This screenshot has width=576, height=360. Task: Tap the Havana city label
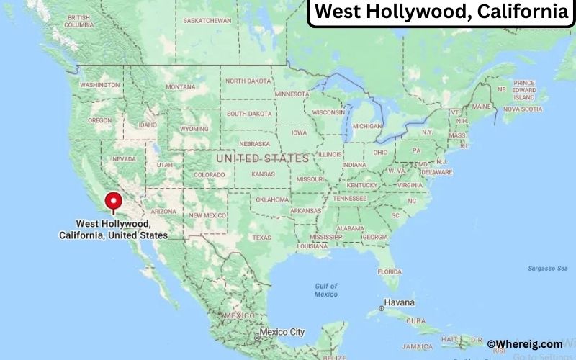(400, 302)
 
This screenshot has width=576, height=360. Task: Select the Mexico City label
(282, 332)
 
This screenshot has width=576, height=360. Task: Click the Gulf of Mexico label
(326, 289)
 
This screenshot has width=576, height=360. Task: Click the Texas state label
(261, 238)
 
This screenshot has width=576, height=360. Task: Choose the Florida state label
(390, 271)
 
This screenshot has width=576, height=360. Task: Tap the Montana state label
(180, 87)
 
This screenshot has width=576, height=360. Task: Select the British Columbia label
(78, 21)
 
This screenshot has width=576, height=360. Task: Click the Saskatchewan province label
(207, 21)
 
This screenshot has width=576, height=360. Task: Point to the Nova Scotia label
(521, 109)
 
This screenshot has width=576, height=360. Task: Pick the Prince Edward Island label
(524, 90)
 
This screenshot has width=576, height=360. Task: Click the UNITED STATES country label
(262, 158)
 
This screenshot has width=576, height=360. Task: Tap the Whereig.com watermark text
(525, 344)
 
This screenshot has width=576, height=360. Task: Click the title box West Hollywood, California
(441, 12)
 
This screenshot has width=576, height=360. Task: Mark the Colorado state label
(209, 174)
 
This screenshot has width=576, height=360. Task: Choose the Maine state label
(482, 107)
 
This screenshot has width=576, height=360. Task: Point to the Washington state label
(99, 85)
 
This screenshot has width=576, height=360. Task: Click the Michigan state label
(367, 126)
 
